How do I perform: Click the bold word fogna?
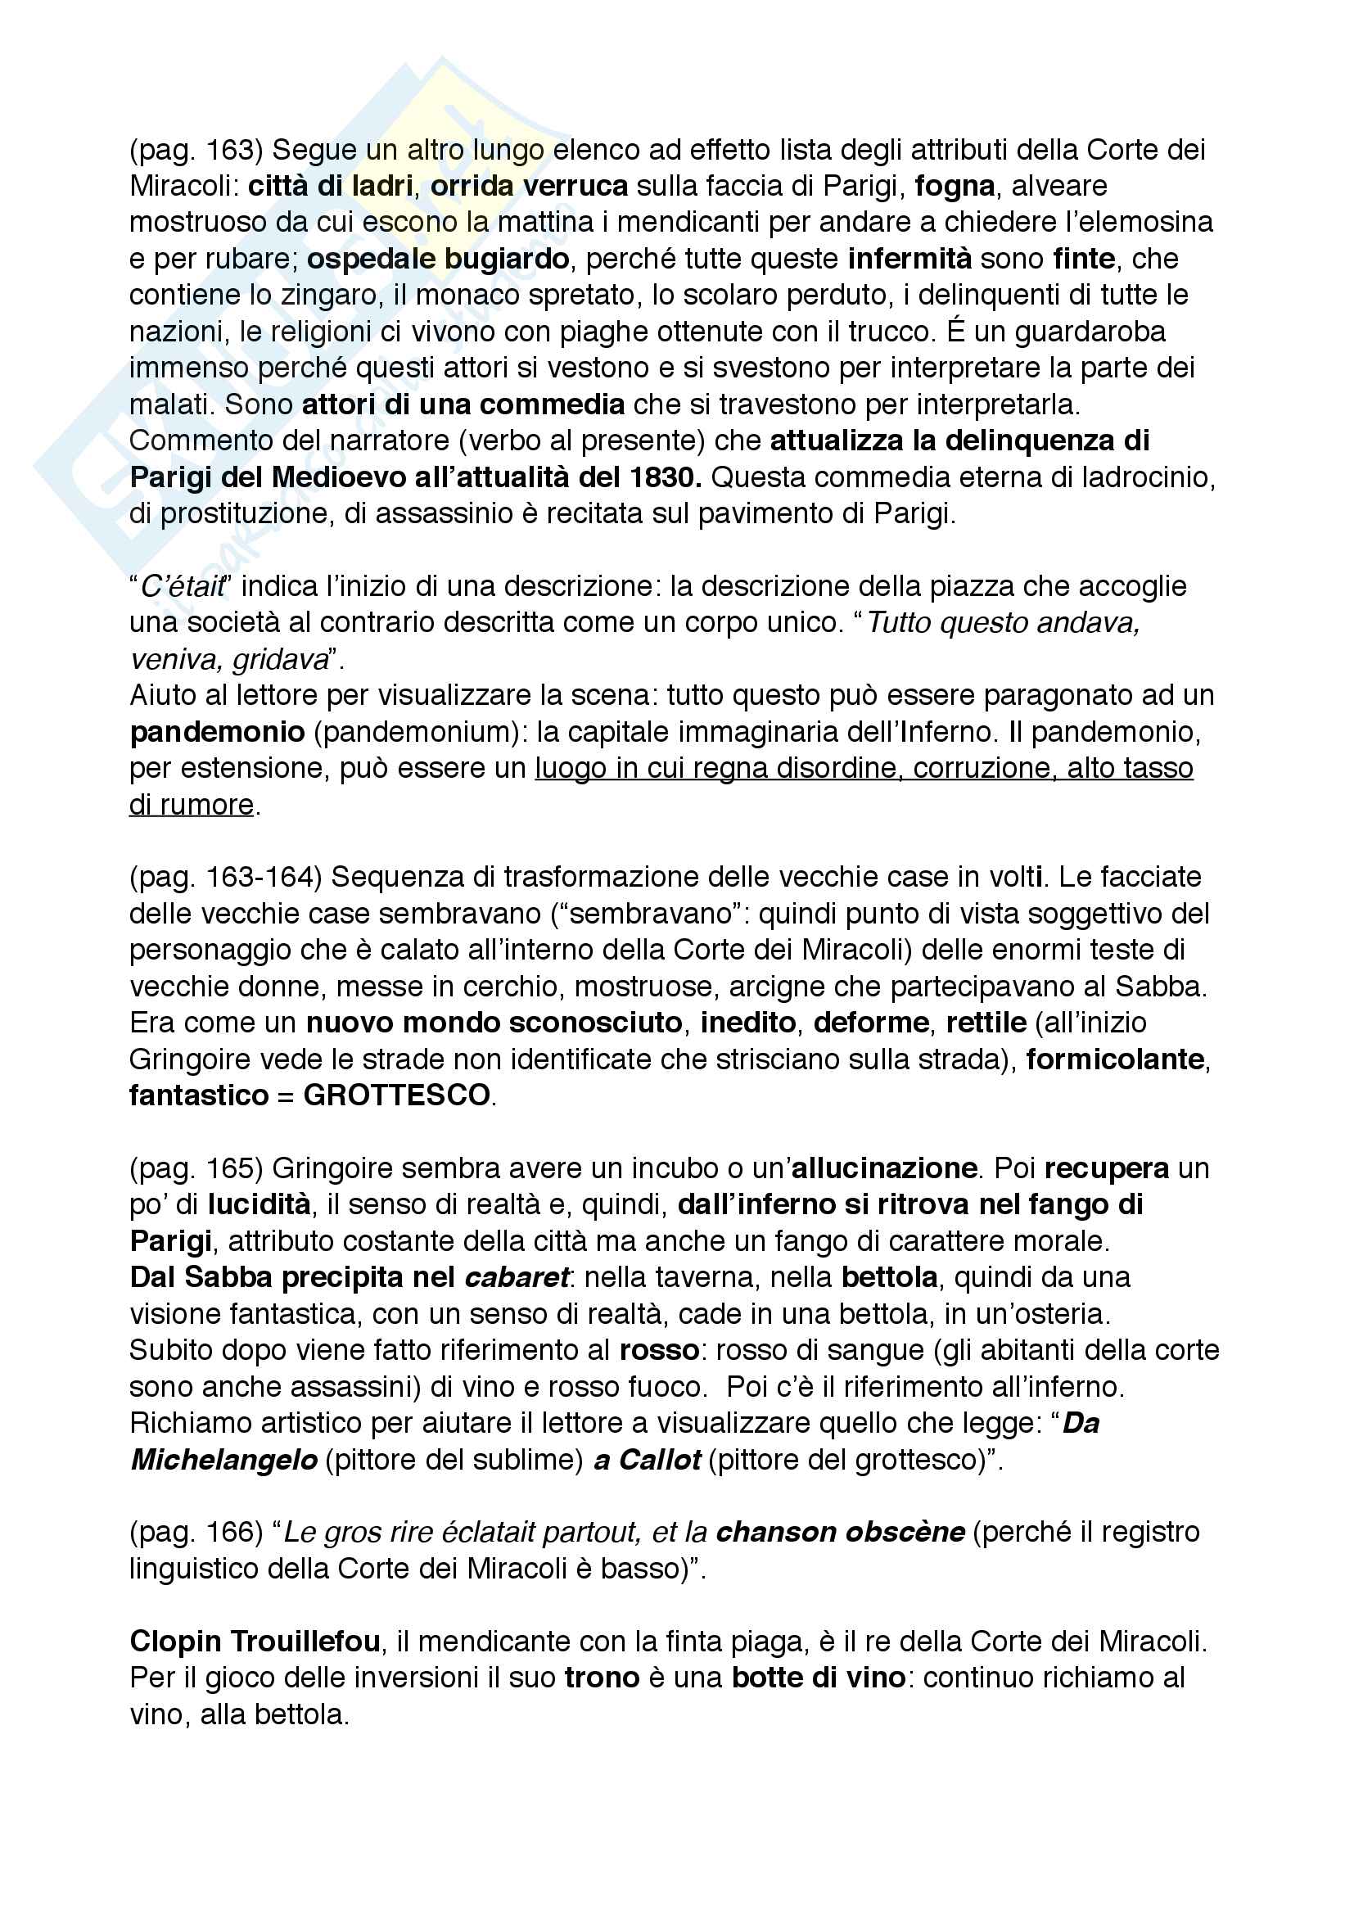click(x=955, y=186)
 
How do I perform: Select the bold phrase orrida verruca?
click(x=529, y=186)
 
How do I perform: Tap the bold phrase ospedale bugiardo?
click(x=438, y=259)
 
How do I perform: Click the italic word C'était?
click(x=182, y=586)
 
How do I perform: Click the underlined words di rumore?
click(x=192, y=804)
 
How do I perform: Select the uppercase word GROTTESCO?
click(x=396, y=1095)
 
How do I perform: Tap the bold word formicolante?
click(x=1116, y=1059)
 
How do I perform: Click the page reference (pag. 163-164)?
click(x=225, y=877)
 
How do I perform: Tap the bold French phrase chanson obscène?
click(x=841, y=1532)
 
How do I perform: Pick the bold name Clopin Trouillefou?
click(x=255, y=1642)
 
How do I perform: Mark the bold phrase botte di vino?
click(x=819, y=1678)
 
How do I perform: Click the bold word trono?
click(x=602, y=1678)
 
